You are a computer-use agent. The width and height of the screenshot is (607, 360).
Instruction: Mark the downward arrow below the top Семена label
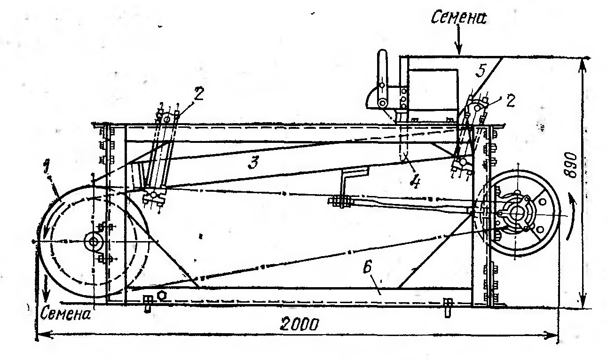459,46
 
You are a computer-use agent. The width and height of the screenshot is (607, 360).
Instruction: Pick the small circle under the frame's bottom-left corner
162,294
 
